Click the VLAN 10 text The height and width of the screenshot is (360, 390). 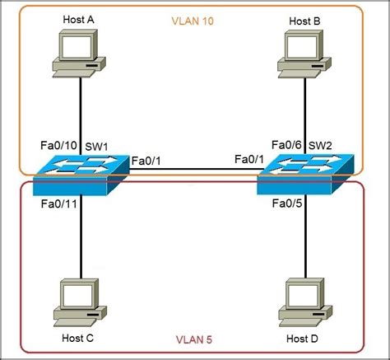(193, 20)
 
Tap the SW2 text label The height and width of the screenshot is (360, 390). (319, 146)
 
